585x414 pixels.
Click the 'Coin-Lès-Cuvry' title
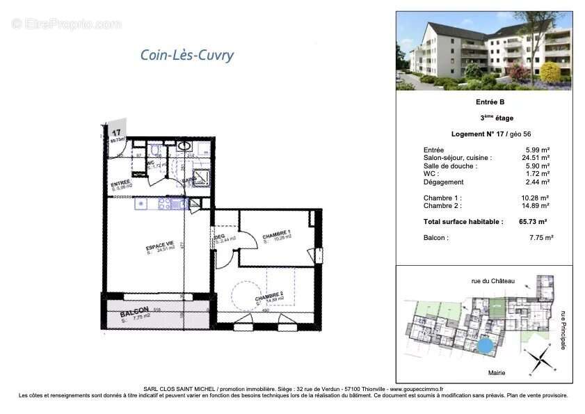[186, 56]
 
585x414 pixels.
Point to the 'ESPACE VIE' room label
[160, 246]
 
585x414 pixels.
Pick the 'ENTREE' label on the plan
[121, 184]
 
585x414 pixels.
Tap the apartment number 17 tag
[116, 131]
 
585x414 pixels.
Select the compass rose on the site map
[536, 360]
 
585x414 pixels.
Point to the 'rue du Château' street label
[492, 280]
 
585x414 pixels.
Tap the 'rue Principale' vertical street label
[563, 330]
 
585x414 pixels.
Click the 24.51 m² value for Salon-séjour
[537, 158]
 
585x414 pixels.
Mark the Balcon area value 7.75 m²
[540, 237]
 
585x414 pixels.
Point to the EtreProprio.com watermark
[66, 24]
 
